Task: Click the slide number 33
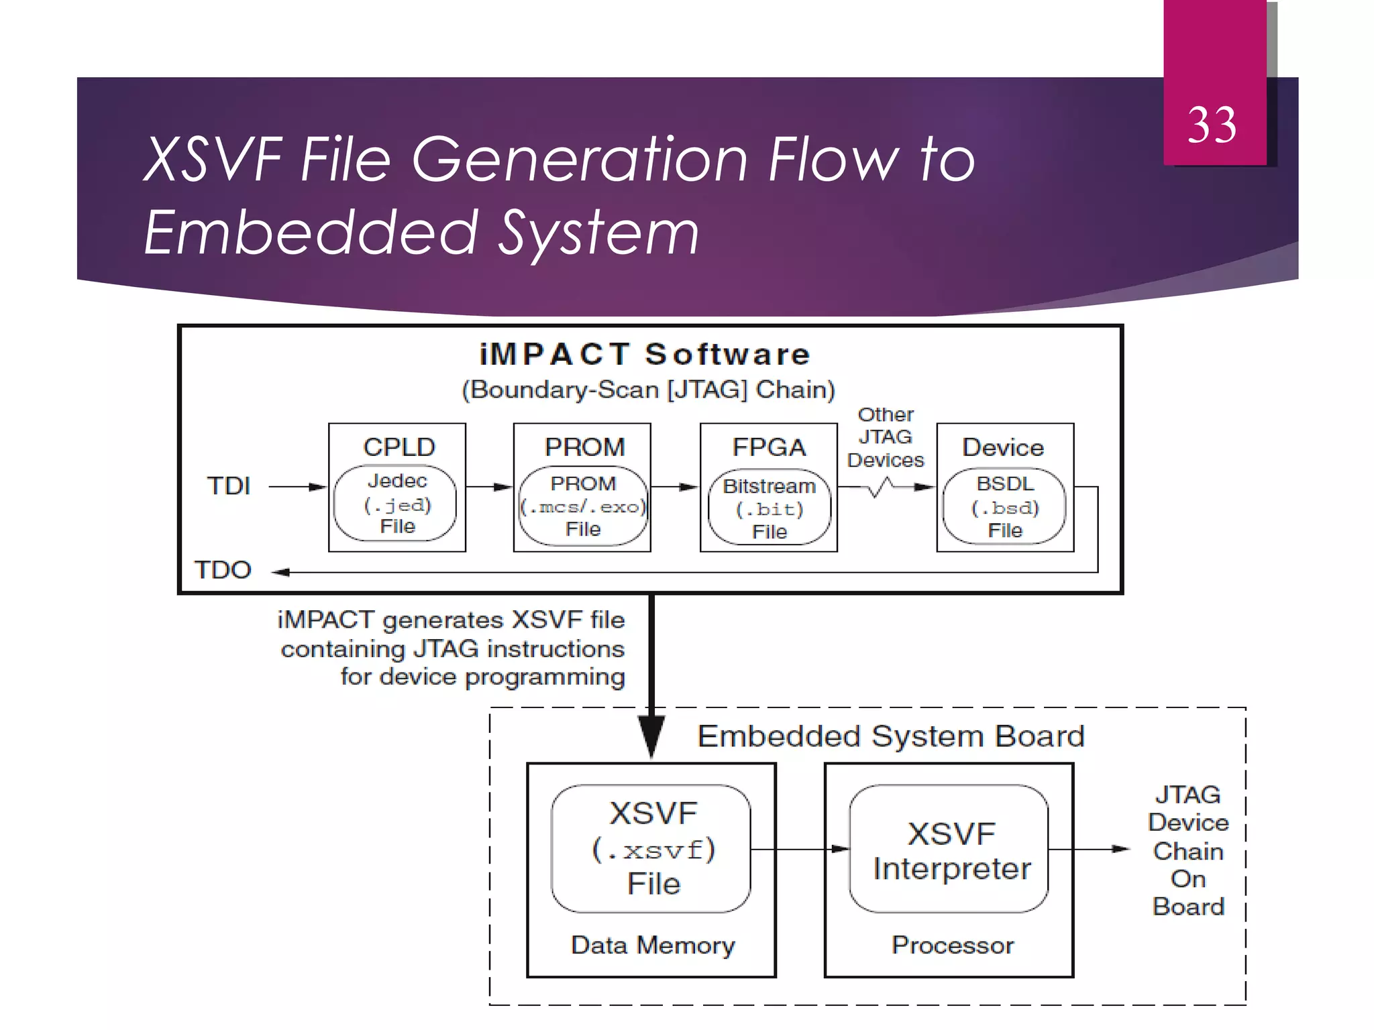coord(1212,125)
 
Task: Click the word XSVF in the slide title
coord(213,160)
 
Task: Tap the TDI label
coord(229,486)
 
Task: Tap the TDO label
coord(223,570)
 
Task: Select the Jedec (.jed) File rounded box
coord(396,504)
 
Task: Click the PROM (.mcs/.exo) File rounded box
coord(582,506)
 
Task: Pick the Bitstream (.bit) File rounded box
coord(769,508)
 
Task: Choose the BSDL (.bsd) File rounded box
coord(1004,506)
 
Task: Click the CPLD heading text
coord(399,447)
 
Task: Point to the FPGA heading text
coord(769,447)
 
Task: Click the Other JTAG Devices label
coord(886,437)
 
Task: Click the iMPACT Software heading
coord(645,354)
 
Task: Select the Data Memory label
coord(652,945)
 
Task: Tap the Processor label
coord(952,945)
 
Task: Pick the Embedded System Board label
coord(890,736)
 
